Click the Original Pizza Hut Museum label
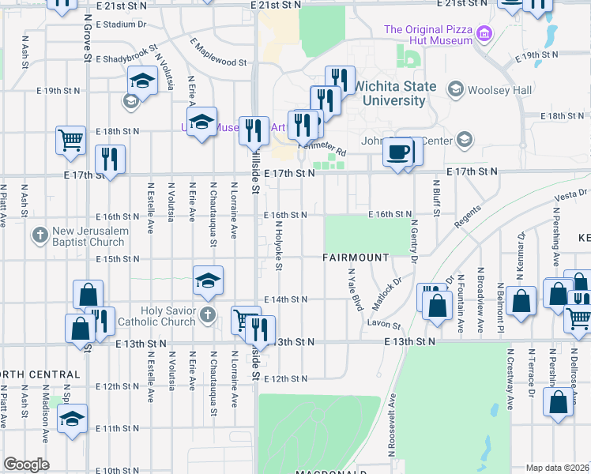coord(430,36)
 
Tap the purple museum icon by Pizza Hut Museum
coord(485,34)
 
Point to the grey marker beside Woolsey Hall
coord(455,89)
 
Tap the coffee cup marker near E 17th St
coord(397,150)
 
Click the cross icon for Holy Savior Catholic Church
coord(208,315)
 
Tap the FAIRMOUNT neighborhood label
coord(356,258)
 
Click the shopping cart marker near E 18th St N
coord(70,140)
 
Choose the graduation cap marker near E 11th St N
coord(72,418)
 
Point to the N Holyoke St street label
coord(279,245)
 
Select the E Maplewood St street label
coord(218,52)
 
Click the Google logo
coord(26,465)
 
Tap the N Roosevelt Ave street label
coord(390,425)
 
